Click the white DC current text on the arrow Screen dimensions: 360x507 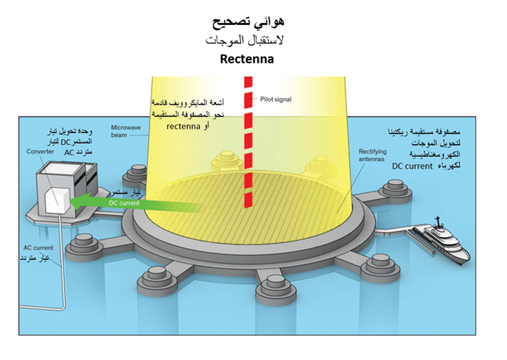pos(123,202)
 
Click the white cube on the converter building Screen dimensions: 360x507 pos(55,198)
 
